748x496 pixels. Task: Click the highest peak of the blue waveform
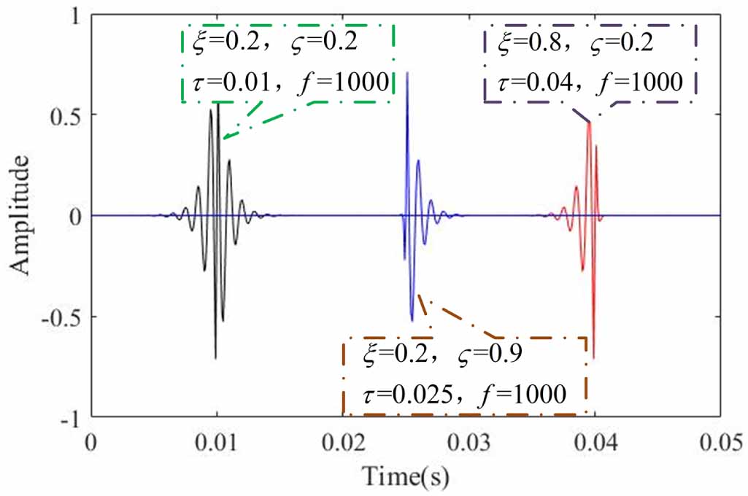click(407, 73)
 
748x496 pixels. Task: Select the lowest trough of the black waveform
click(216, 358)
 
